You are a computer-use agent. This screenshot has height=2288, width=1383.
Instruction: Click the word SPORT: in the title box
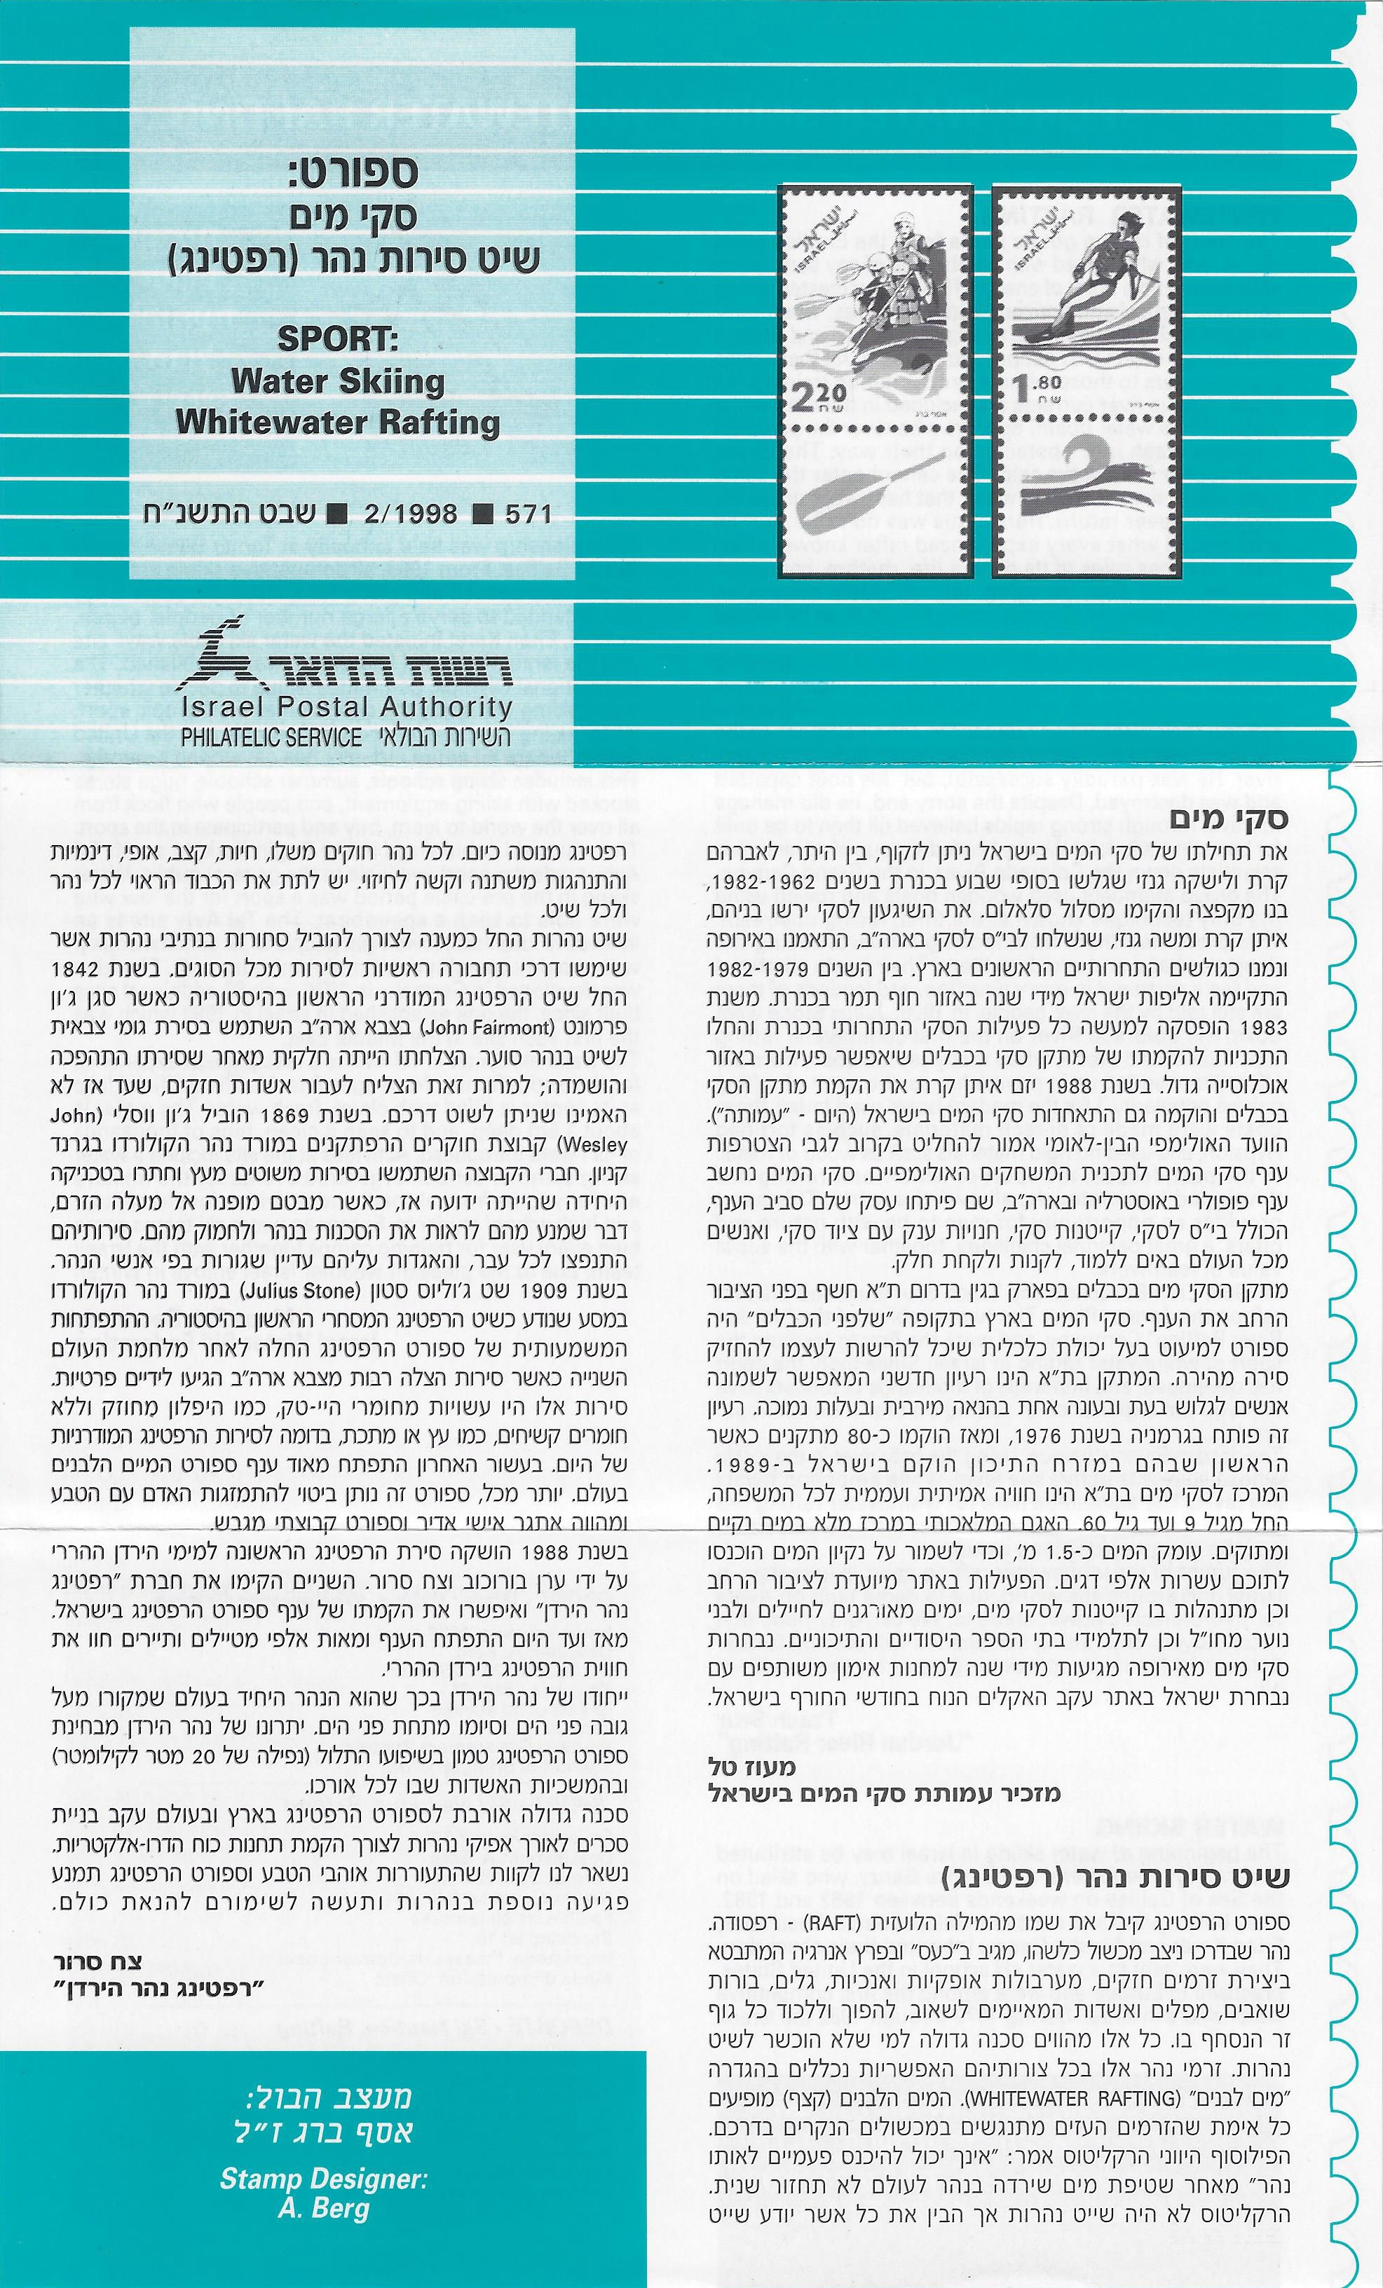(338, 339)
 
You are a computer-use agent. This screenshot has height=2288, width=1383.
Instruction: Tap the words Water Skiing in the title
(338, 382)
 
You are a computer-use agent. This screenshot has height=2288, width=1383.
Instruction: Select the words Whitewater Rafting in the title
(338, 423)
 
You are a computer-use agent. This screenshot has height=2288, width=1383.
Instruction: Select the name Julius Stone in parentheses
(294, 1291)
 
